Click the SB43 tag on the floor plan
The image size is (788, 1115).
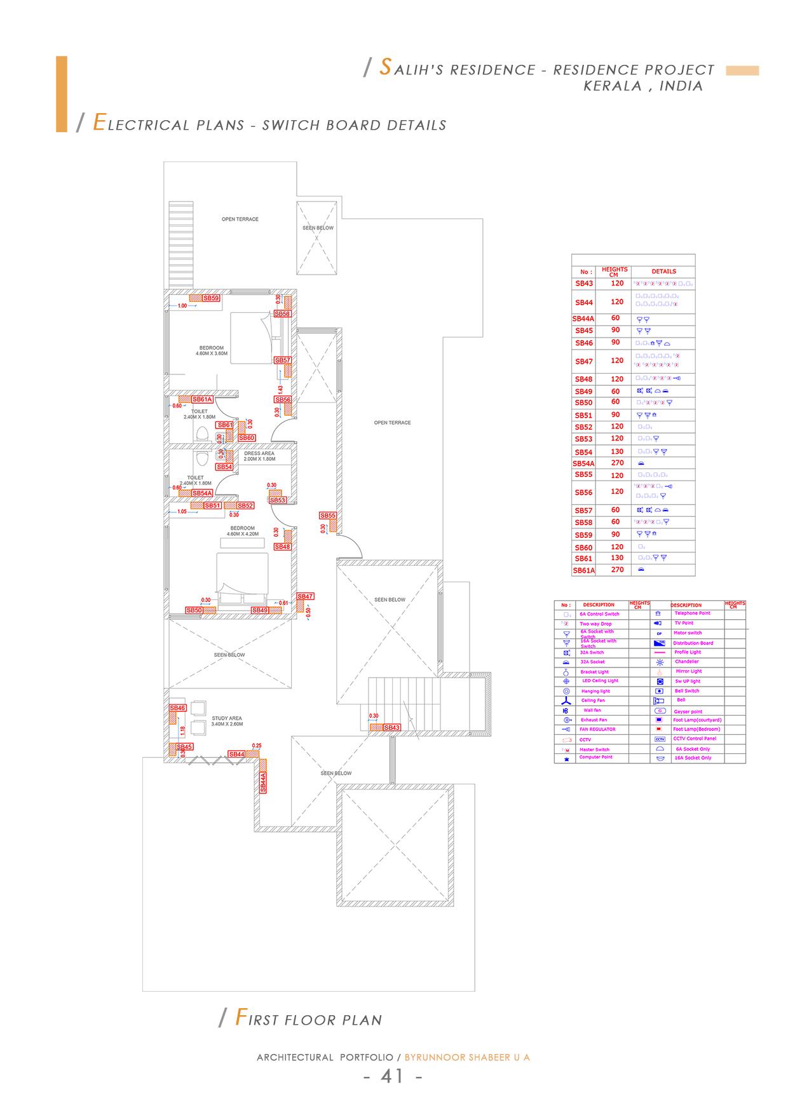(392, 727)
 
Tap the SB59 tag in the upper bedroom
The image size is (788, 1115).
(211, 298)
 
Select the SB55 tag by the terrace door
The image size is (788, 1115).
(328, 516)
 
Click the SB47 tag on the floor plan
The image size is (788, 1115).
(305, 596)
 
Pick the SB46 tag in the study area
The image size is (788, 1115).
(177, 708)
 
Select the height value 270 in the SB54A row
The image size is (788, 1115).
(617, 463)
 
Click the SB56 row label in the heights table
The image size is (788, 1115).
(583, 493)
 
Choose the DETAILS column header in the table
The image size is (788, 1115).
(663, 271)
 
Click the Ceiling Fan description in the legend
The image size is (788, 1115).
(593, 701)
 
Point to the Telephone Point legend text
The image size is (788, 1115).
(692, 613)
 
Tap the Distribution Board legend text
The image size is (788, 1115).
(693, 643)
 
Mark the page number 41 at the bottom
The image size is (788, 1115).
(392, 1076)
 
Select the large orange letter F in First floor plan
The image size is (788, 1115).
(241, 1018)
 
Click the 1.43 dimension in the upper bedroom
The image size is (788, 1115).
(280, 389)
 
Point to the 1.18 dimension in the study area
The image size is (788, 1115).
(182, 730)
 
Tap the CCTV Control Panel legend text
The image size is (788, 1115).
(695, 739)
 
